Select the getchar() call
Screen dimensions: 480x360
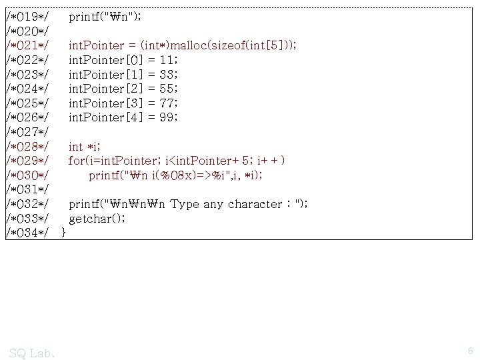96,219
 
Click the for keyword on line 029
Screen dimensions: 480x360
75,161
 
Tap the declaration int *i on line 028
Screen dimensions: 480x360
85,146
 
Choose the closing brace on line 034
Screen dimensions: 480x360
63,233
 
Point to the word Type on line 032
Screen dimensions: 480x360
183,204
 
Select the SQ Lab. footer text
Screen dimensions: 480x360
33,351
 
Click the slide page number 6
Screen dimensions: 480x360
470,351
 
